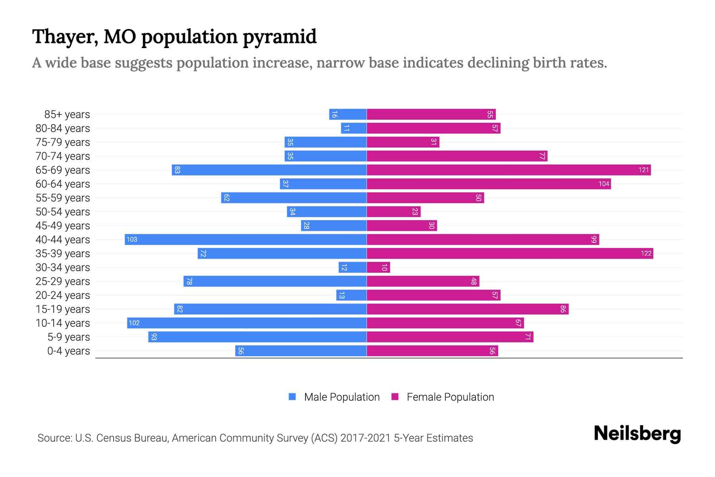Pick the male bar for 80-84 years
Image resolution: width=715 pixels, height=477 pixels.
(354, 128)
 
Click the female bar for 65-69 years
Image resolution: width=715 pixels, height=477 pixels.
(508, 170)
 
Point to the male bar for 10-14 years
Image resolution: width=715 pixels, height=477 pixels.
(247, 323)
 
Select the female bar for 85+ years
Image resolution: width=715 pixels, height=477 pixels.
(431, 114)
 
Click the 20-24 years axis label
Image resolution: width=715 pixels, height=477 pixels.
(63, 295)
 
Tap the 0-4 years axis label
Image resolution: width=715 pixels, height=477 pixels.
(68, 351)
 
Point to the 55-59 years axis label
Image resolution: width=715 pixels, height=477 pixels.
(63, 198)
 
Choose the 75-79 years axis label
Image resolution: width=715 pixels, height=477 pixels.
(63, 142)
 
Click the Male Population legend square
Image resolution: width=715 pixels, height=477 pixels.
(292, 397)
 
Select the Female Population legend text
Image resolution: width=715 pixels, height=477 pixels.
(450, 397)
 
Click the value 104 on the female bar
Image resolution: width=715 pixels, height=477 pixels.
(604, 184)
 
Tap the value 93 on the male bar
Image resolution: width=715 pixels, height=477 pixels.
(154, 337)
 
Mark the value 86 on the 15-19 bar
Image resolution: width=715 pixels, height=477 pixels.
(563, 309)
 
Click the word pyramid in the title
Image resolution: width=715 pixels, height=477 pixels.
(280, 37)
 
